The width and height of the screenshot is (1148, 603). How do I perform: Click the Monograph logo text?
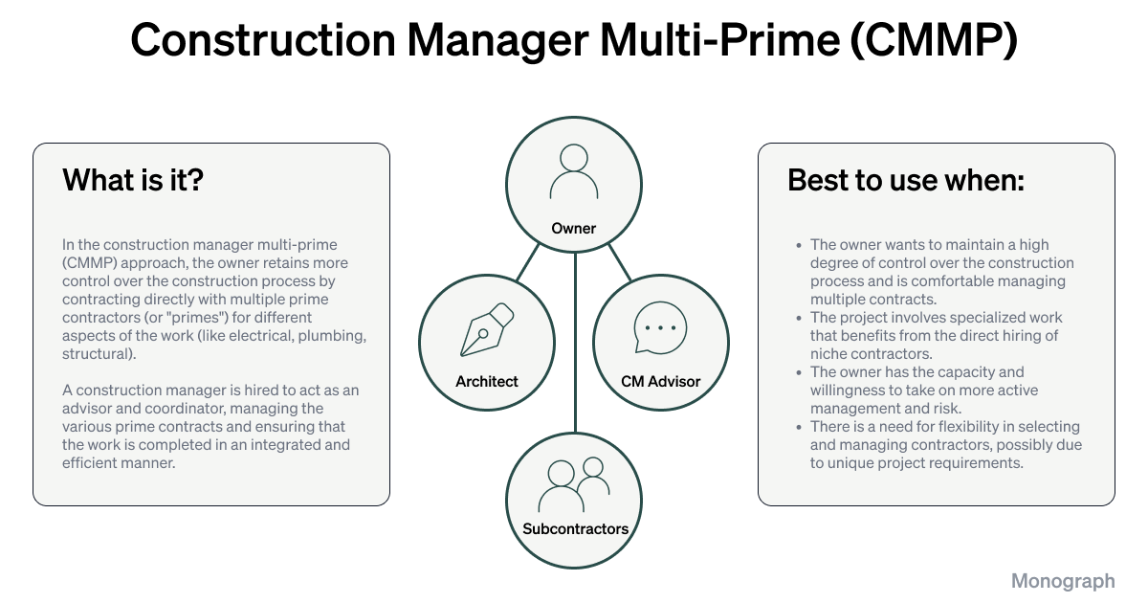pos(1063,581)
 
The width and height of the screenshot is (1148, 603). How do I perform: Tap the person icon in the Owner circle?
pos(574,171)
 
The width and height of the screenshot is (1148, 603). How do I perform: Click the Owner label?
pos(574,229)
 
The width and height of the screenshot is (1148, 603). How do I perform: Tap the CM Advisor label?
pos(660,382)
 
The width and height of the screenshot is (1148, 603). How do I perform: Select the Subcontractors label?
pos(575,528)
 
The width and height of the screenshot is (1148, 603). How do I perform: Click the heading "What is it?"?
pos(133,180)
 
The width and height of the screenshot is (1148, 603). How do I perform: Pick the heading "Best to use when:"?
pos(906,180)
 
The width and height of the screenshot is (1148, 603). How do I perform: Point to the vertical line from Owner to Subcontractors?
pos(575,345)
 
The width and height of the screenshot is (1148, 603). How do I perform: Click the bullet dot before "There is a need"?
pos(798,427)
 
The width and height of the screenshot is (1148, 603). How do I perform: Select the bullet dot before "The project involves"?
pos(798,318)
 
